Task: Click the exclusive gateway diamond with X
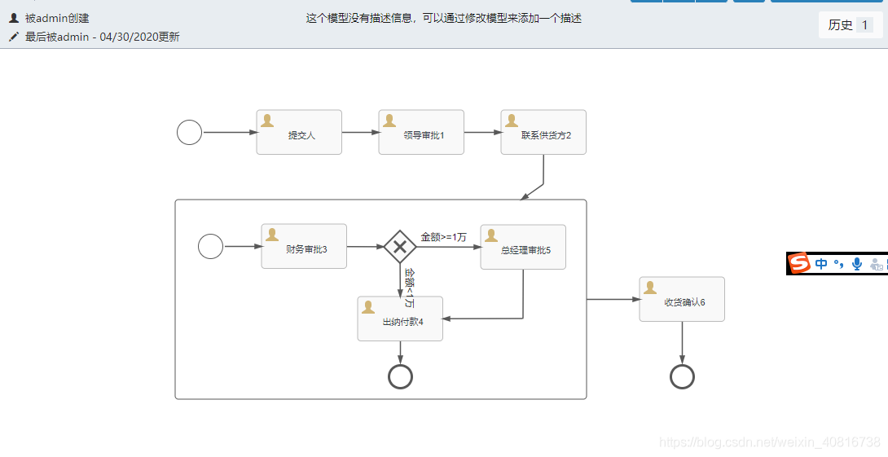[400, 246]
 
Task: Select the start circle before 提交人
[189, 132]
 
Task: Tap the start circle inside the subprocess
[210, 246]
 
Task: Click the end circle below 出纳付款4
[400, 376]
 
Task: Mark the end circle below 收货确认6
[682, 376]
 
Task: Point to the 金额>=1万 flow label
[443, 237]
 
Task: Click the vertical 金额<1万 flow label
[410, 287]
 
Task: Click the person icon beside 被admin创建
[14, 17]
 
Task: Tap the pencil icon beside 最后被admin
[14, 37]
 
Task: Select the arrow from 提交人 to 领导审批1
[360, 132]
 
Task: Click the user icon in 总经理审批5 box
[491, 235]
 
